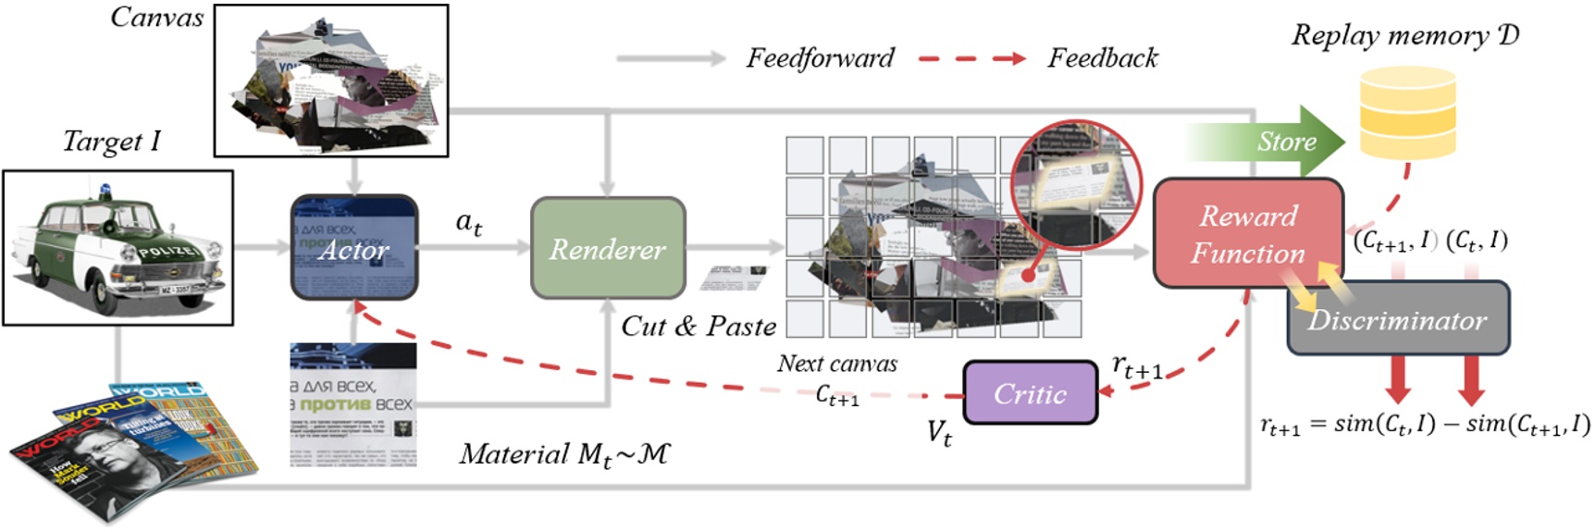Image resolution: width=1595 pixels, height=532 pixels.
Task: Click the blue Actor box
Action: tap(354, 247)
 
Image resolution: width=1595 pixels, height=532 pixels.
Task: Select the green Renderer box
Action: tap(607, 248)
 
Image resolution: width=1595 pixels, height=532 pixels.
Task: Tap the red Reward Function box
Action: tap(1247, 233)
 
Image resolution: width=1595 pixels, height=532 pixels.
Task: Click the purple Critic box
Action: tap(1030, 393)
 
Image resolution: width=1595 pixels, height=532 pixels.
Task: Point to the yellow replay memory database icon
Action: tap(1407, 111)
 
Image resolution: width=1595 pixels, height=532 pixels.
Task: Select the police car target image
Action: tap(117, 247)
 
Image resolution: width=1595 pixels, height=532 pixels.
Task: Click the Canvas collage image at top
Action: tap(331, 80)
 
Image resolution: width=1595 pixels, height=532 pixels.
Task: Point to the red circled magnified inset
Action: tap(1075, 185)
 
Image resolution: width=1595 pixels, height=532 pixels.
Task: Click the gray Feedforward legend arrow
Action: tap(671, 58)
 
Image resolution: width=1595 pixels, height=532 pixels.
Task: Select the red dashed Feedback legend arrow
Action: tap(971, 58)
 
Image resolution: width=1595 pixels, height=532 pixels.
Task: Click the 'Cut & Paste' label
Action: tap(699, 326)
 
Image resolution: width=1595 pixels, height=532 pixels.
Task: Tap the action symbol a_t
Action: tap(468, 223)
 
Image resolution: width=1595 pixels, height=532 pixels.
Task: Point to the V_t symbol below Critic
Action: tap(939, 432)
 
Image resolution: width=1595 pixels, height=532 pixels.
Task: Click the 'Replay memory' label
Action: tap(1404, 35)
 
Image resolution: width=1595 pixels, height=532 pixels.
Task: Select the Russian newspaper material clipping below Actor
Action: tap(352, 404)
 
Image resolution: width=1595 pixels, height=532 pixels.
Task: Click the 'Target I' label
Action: tap(111, 141)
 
